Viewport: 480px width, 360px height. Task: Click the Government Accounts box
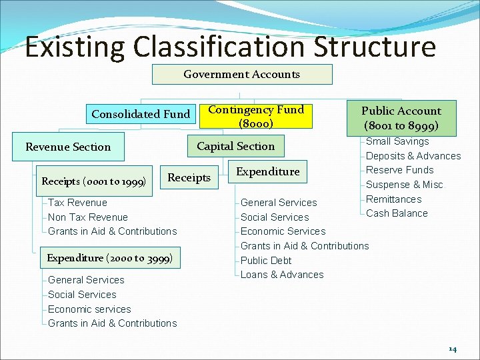(242, 75)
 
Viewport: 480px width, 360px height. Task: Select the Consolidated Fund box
(141, 114)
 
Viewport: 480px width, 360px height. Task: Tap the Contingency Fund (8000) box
(256, 117)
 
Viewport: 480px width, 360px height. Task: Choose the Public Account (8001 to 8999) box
(401, 118)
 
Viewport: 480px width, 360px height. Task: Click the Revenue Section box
(68, 147)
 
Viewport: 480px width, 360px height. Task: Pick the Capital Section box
(235, 147)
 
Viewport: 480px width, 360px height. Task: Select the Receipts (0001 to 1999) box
(94, 181)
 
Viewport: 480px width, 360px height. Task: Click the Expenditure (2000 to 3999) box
(110, 258)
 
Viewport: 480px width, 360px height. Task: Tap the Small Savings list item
(397, 141)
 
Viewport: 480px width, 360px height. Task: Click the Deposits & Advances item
(413, 156)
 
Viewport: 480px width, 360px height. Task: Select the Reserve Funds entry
(399, 170)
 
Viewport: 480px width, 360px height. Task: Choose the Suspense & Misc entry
(404, 185)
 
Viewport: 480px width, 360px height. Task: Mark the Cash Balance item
(397, 213)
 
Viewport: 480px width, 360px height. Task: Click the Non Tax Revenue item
(88, 217)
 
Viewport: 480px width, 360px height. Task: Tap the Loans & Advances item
(282, 275)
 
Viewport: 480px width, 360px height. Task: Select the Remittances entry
(394, 199)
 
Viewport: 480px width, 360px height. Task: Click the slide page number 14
(453, 349)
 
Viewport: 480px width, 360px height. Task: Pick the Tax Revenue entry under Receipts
(77, 203)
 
